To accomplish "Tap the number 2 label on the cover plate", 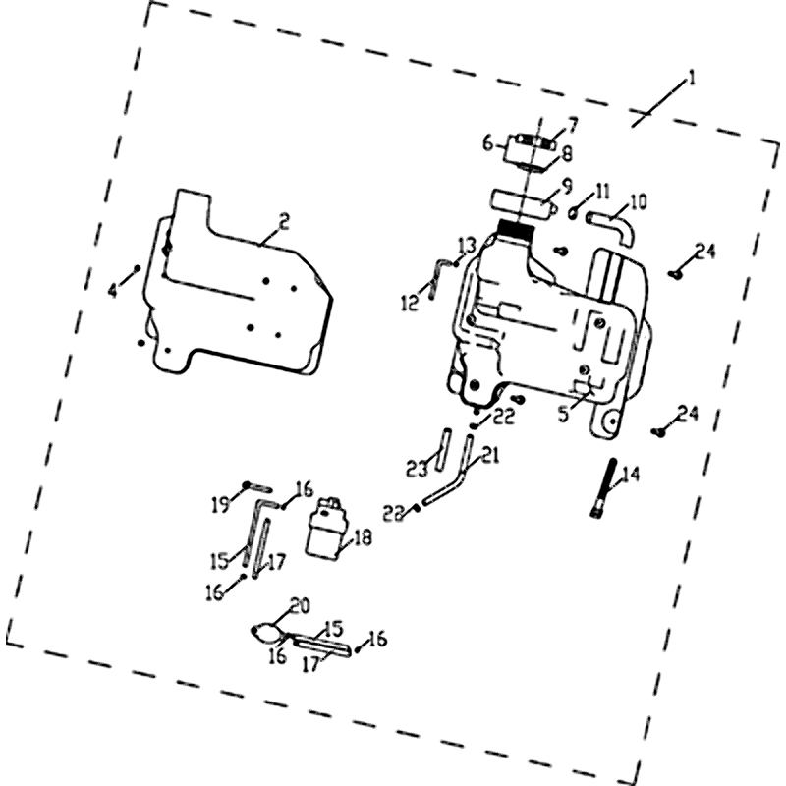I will coord(283,222).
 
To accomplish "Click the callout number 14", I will coord(631,475).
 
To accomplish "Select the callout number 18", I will coord(364,537).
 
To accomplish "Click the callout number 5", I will coord(563,415).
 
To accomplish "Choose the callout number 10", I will coord(639,203).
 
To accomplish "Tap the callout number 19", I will coord(222,505).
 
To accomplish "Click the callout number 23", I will coord(417,467).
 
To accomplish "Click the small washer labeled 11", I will coord(572,211).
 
